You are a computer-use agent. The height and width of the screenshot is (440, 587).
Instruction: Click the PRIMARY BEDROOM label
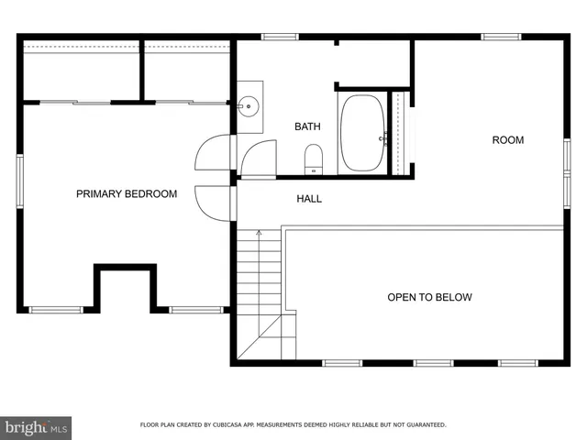coord(127,193)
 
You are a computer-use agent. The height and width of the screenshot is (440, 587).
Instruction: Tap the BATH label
coord(307,126)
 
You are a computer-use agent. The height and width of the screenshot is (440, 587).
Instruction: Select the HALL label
coord(309,198)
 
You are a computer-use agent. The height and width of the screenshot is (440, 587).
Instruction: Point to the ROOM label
coord(507,140)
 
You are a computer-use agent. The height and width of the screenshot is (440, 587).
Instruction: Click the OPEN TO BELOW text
coord(429,297)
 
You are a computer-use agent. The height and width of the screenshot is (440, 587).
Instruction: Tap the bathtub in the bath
coord(362,133)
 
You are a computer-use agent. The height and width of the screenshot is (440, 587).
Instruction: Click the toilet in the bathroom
coord(313,159)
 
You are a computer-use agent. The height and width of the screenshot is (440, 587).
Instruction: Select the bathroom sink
coord(247,106)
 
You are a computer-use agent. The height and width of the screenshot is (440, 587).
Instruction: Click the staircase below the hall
coord(260,293)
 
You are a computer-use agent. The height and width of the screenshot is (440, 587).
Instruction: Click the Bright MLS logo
coord(37,427)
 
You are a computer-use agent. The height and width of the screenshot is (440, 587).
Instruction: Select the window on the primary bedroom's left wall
coord(19,181)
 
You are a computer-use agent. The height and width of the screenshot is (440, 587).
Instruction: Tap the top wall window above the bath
coord(280,37)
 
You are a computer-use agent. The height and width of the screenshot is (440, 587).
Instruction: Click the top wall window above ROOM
coord(501,37)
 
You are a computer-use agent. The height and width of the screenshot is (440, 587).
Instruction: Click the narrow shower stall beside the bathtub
coord(399,133)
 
